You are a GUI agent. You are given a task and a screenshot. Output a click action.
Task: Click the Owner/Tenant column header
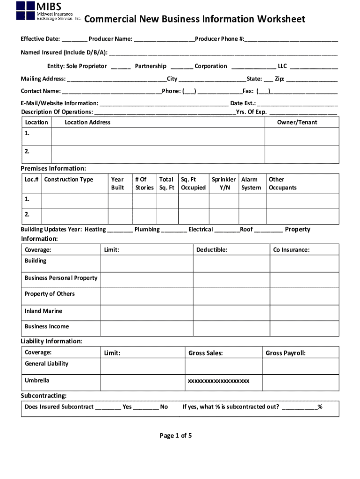pos(297,122)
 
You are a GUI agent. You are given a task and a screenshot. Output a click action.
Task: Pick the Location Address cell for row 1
pos(158,136)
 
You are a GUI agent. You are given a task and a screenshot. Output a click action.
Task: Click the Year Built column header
pos(117,183)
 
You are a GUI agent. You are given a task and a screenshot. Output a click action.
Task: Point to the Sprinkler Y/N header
pos(223,183)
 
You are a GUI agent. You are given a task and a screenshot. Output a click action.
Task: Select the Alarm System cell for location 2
pos(252,216)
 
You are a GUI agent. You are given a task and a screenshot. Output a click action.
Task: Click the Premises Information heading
pos(53,168)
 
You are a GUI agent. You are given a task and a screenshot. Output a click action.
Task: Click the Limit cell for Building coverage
pos(146,263)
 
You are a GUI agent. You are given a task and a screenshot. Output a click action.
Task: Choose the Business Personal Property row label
pos(61,278)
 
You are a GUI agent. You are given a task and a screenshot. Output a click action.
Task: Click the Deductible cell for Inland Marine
pos(231,312)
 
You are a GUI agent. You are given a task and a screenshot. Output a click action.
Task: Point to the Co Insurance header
pos(291,250)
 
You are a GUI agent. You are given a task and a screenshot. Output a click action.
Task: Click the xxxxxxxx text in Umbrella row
pos(218,381)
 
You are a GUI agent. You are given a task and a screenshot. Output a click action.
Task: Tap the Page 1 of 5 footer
pos(176,435)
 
